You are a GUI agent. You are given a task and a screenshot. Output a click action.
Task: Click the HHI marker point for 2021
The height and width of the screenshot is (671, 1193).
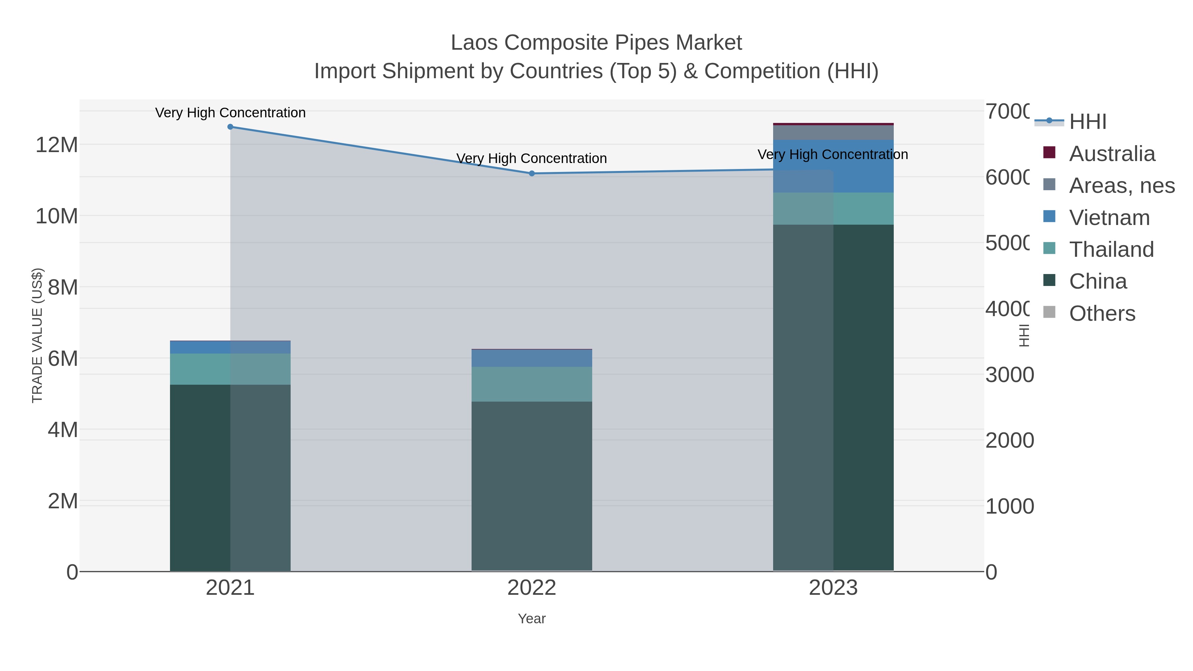(x=230, y=127)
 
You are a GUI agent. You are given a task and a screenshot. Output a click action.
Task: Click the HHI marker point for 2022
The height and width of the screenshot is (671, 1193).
(x=532, y=173)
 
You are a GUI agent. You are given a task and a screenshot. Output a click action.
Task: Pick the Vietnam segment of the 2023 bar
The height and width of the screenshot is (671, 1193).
(x=833, y=166)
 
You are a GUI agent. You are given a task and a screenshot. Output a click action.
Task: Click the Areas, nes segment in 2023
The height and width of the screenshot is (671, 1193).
(x=833, y=133)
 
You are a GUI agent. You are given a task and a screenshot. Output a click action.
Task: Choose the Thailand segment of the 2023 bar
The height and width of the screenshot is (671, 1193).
(x=833, y=208)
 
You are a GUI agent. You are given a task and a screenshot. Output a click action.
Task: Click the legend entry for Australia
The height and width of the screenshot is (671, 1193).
(x=1112, y=154)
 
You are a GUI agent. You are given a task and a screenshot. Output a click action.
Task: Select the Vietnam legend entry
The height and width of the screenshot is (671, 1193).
(x=1109, y=218)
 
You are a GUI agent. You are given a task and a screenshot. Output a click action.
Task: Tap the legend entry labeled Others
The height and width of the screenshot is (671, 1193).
(x=1102, y=313)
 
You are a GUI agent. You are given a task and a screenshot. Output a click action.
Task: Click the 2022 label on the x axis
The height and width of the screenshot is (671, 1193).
(x=532, y=587)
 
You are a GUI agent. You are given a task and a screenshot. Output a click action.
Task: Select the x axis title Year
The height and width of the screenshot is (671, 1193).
(x=532, y=619)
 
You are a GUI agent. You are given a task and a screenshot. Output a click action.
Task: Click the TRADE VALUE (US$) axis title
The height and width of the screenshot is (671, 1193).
(x=37, y=335)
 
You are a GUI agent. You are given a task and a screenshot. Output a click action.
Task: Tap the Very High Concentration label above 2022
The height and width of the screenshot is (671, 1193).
(x=532, y=158)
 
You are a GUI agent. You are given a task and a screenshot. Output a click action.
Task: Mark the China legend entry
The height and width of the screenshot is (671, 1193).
(x=1098, y=282)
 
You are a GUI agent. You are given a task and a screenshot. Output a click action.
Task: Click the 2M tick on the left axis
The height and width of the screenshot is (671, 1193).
(x=63, y=501)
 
